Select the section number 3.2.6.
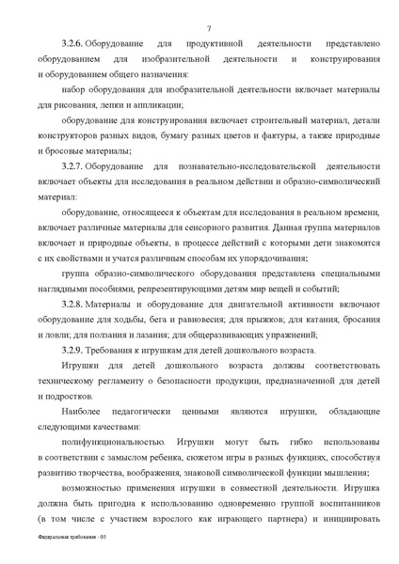[x=73, y=44]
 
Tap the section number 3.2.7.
[x=73, y=164]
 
